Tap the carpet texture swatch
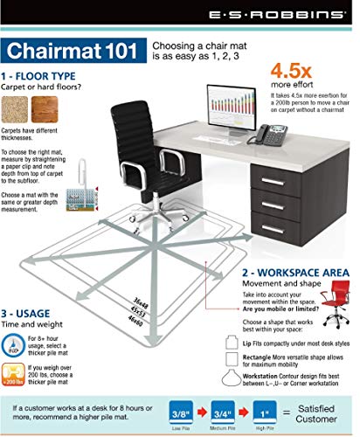[21, 108]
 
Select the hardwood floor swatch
[48, 108]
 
